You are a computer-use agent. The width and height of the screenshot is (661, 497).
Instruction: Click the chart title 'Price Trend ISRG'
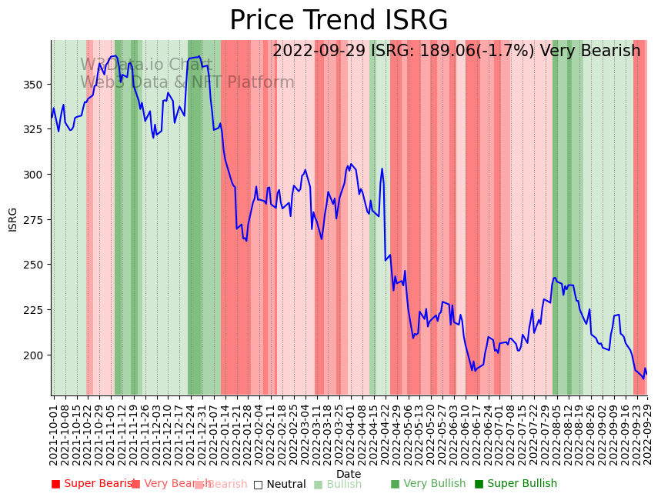339,21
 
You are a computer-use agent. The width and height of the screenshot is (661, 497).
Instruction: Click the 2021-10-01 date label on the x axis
53,435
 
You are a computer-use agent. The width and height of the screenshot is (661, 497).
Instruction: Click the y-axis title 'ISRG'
13,218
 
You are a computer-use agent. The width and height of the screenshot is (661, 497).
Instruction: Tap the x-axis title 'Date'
349,474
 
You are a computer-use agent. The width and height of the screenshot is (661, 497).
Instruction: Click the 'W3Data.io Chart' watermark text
146,65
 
